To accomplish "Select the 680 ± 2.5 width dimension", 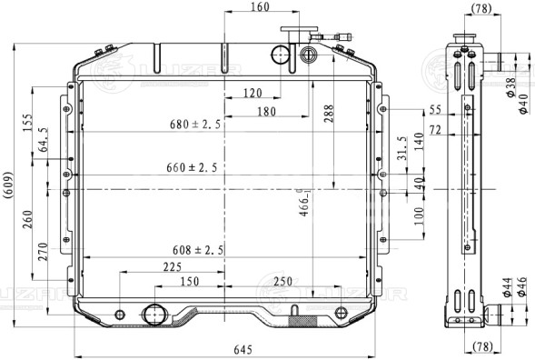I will click(193, 125).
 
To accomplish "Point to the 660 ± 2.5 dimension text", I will click(192, 167).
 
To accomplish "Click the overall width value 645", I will click(243, 349).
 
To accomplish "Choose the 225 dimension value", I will click(171, 266).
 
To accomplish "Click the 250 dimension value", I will click(282, 282).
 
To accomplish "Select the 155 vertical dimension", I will click(27, 122).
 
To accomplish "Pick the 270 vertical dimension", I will click(43, 252).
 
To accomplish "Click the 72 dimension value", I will click(435, 131).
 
